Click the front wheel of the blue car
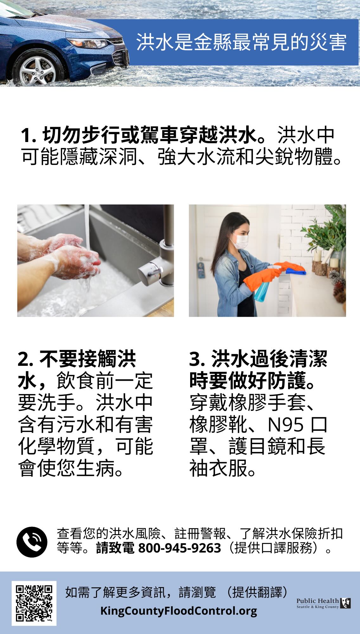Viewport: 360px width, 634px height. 38,68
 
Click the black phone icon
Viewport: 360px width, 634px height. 32,542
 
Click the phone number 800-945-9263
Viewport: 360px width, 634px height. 180,548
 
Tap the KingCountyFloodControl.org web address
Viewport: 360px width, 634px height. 179,611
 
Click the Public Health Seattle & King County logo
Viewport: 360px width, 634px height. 324,603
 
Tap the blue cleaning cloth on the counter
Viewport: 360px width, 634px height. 296,271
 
